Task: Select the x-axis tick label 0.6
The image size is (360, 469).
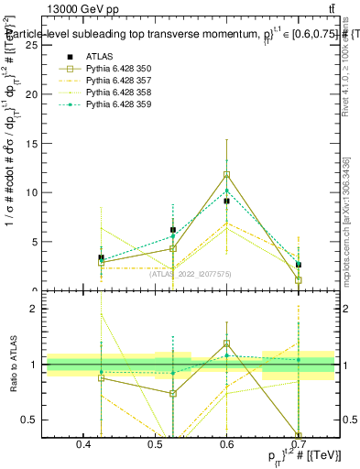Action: (x=227, y=444)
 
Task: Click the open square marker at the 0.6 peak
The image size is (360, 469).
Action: (x=227, y=174)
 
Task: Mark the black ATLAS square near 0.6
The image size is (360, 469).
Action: (x=227, y=201)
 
